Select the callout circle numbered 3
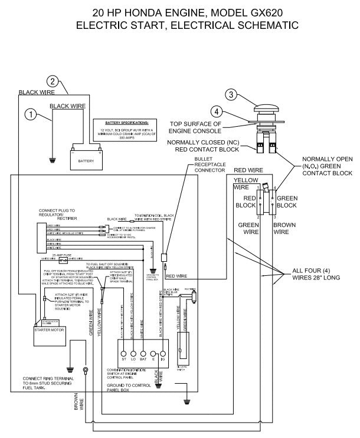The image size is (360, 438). click(232, 94)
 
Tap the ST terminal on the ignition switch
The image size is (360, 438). click(124, 358)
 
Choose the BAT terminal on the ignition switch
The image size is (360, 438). click(143, 358)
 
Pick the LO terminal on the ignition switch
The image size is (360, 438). click(133, 358)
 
